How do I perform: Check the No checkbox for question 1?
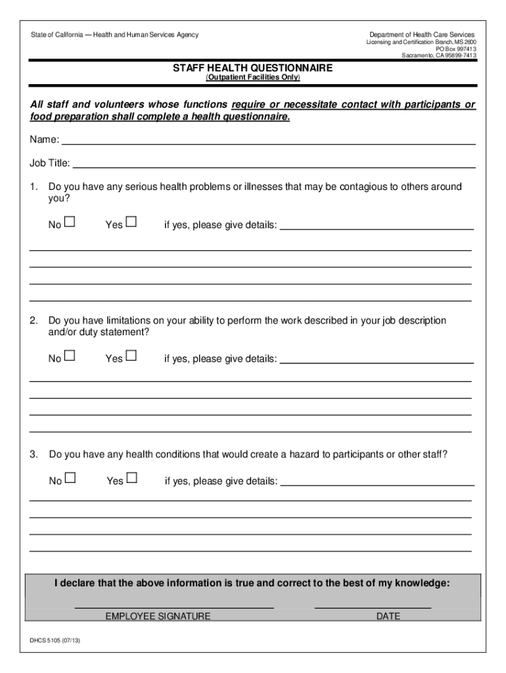(x=70, y=223)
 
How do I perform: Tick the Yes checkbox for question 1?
(x=131, y=223)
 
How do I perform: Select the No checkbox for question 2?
(x=70, y=356)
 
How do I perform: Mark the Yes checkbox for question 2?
(x=131, y=356)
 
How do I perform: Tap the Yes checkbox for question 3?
(x=132, y=478)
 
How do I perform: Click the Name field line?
(x=268, y=142)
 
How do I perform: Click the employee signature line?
(x=174, y=607)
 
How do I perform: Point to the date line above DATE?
(x=373, y=607)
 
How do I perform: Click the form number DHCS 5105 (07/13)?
(x=55, y=640)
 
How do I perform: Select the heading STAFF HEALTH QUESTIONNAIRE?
(x=252, y=68)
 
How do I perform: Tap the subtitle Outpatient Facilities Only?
(x=253, y=78)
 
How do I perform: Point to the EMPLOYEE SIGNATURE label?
(x=158, y=616)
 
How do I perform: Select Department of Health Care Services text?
(x=421, y=34)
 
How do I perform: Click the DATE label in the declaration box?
(x=388, y=616)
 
